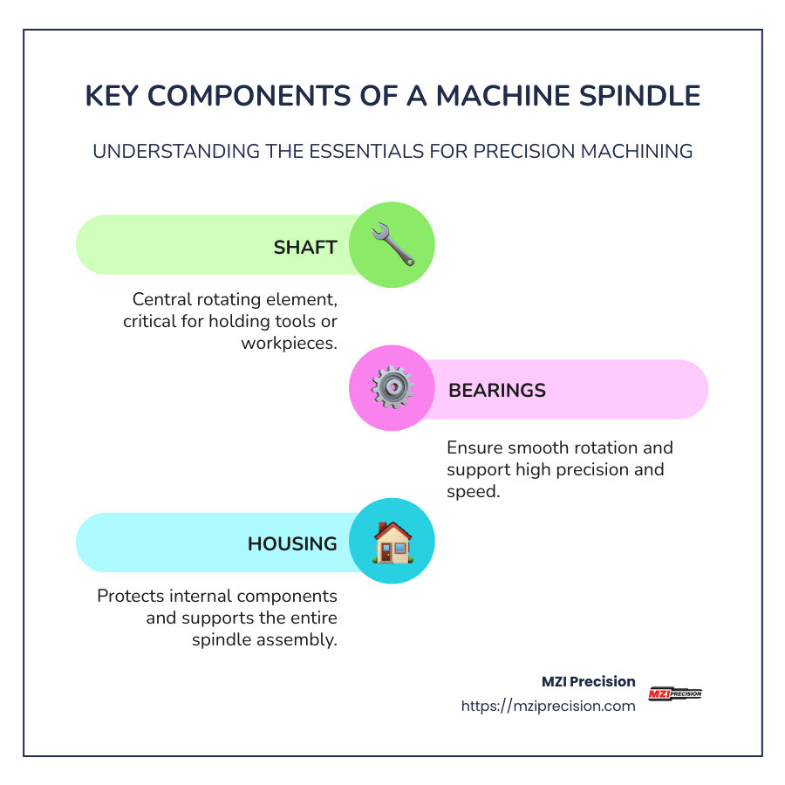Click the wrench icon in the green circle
click(392, 245)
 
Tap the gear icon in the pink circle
click(392, 388)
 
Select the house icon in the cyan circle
click(392, 543)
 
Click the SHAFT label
click(305, 247)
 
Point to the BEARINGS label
click(497, 390)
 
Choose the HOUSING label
click(292, 544)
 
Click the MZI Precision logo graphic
click(675, 694)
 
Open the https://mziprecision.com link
click(548, 706)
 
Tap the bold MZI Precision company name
click(589, 681)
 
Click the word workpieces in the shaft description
click(289, 343)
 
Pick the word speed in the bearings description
click(472, 491)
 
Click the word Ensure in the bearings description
click(475, 448)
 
